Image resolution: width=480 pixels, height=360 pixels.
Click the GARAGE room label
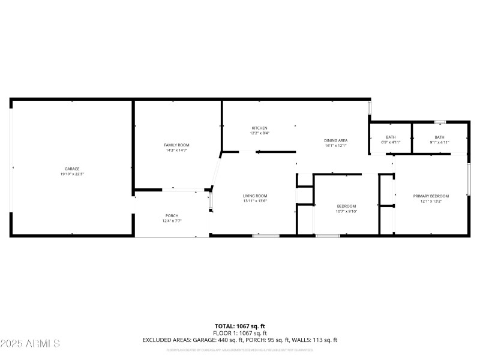[x=73, y=169]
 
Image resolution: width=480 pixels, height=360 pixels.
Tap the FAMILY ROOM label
[x=176, y=145]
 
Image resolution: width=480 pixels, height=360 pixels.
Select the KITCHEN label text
[x=259, y=128]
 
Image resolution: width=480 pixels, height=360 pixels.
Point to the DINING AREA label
[x=336, y=140]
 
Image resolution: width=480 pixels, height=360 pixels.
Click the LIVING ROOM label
[x=254, y=196]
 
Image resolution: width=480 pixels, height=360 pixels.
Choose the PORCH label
[x=172, y=215]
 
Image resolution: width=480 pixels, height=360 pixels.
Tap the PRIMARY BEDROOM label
[x=431, y=196]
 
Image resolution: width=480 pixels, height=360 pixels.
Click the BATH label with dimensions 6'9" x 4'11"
[x=391, y=137]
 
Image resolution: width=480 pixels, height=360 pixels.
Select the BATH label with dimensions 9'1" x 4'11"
[x=440, y=137]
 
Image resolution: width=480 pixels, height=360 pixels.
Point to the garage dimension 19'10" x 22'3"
[x=73, y=174]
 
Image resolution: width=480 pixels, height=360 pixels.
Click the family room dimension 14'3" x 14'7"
[x=176, y=150]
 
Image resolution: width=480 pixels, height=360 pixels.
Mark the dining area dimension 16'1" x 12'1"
[x=336, y=145]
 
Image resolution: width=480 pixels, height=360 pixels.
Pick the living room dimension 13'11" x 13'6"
[x=254, y=201]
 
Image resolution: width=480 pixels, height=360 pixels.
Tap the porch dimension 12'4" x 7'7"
[x=172, y=221]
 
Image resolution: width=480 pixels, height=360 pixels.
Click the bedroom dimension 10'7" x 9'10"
[x=346, y=211]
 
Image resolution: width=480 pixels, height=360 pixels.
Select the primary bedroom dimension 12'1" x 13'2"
[x=431, y=201]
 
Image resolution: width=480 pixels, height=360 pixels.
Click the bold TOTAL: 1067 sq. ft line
[x=240, y=326]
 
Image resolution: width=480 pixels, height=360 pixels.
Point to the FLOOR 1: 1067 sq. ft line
[x=240, y=333]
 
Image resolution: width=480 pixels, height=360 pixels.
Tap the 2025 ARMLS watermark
[x=30, y=344]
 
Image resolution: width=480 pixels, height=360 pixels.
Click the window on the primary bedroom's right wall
[x=469, y=178]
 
